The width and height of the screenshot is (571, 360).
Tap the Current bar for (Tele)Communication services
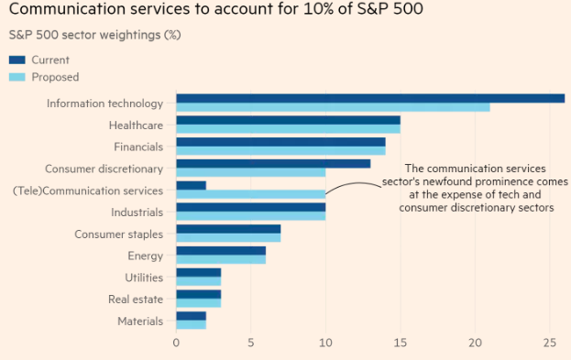tap(191, 185)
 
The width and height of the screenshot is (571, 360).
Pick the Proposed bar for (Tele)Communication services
tap(250, 194)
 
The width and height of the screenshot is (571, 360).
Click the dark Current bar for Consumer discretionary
tap(273, 163)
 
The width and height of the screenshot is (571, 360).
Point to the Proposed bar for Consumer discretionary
tap(250, 172)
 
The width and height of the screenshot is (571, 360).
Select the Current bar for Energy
tap(221, 250)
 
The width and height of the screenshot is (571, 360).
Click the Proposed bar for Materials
tap(191, 324)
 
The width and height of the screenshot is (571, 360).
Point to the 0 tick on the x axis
tap(176, 344)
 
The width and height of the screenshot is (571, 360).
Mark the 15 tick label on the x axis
tap(400, 344)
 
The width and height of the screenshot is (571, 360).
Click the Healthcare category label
tap(136, 125)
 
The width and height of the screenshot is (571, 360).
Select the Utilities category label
tap(144, 278)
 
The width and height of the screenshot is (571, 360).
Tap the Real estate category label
tap(136, 300)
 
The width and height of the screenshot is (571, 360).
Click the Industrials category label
tap(137, 212)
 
